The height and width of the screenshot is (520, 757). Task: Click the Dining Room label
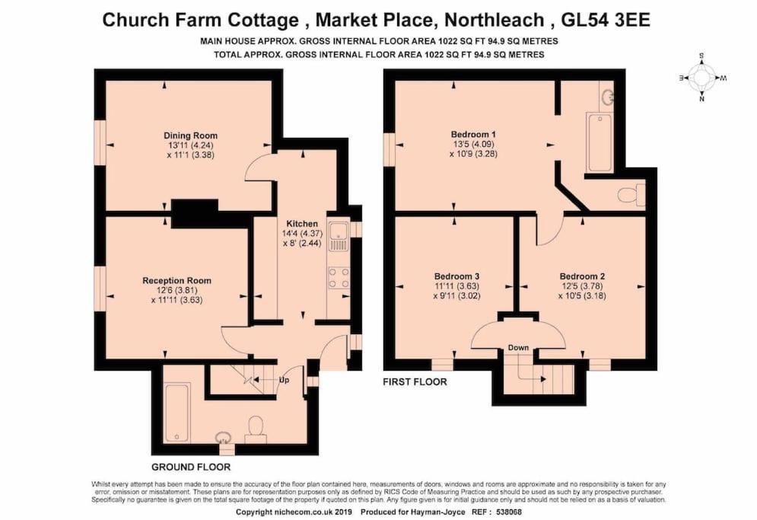tap(190, 136)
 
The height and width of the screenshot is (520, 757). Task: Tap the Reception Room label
tap(177, 281)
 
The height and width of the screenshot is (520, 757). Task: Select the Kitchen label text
tap(302, 224)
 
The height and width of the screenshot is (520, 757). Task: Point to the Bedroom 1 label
tap(473, 134)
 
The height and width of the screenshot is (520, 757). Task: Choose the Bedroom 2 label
tap(582, 277)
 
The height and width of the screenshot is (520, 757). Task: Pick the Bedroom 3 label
tap(456, 277)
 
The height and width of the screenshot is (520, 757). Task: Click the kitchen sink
tap(338, 237)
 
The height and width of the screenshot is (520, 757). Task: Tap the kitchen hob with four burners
tap(339, 278)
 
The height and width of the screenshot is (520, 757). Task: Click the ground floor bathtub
tap(177, 412)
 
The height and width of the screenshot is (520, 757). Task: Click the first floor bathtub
tap(599, 142)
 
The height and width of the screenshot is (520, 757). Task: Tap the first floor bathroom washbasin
tap(607, 97)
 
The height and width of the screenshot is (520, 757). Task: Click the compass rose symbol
tap(702, 78)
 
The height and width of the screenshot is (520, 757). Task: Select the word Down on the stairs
tap(518, 347)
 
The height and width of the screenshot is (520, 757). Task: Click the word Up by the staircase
tap(285, 381)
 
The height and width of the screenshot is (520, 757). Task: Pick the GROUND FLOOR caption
tap(191, 467)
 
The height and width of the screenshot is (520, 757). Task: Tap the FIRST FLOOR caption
tap(415, 381)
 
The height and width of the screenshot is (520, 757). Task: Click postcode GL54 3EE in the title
tap(606, 20)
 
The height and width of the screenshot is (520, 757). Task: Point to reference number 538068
tap(507, 512)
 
